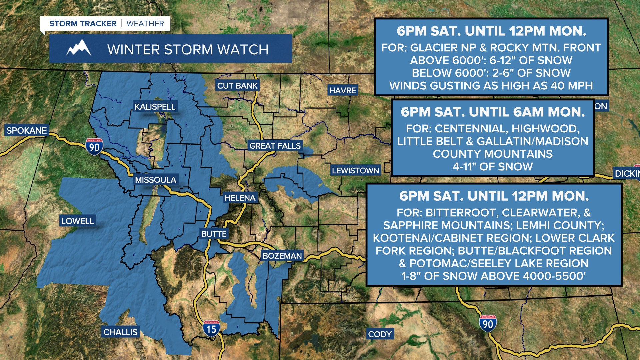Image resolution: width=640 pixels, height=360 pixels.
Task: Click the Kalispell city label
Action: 155,107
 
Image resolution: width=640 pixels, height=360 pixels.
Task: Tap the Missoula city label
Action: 155,180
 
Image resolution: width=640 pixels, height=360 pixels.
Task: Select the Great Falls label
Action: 275,146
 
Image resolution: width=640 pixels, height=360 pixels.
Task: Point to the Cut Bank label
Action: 237,86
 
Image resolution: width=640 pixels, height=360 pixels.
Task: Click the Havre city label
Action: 343,90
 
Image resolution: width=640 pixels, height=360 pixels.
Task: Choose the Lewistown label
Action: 355,171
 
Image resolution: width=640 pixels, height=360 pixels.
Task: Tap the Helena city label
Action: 240,198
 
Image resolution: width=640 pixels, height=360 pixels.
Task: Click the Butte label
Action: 214,234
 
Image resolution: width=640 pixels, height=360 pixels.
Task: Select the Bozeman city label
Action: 282,256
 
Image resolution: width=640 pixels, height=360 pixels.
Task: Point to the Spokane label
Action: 27,130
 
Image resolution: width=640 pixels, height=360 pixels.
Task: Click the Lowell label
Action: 78,221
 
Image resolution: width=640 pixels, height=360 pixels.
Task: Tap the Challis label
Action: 120,332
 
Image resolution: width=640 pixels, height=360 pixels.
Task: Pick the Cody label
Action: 380,334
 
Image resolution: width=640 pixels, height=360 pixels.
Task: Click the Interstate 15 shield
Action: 211,329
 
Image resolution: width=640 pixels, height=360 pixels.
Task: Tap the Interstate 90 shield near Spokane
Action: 94,147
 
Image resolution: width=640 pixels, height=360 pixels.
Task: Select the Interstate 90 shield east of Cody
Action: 488,323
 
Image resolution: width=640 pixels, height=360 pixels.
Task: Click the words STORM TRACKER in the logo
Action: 83,24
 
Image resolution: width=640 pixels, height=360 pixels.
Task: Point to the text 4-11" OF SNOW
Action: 492,167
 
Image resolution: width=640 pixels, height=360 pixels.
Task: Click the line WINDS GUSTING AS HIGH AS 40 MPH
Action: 491,86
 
